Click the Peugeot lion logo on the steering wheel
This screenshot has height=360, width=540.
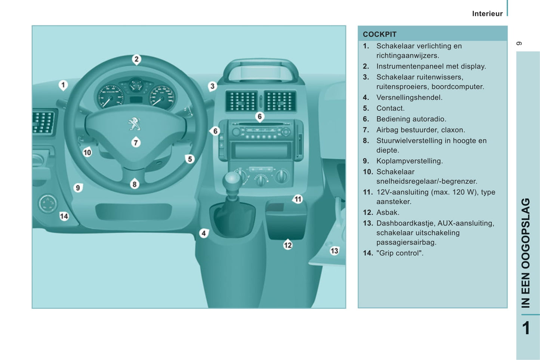click(134, 124)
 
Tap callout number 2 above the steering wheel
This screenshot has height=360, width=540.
click(136, 59)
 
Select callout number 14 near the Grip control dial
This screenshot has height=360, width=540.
click(64, 216)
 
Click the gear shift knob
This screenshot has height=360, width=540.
click(232, 180)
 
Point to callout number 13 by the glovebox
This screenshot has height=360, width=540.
click(334, 251)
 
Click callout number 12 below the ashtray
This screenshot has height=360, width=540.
click(288, 245)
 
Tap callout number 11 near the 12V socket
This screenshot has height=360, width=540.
click(298, 199)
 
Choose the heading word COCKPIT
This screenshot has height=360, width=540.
click(380, 34)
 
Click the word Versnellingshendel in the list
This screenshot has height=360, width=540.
click(409, 97)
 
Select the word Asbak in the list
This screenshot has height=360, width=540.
click(388, 212)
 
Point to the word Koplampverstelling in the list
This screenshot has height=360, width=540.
click(410, 161)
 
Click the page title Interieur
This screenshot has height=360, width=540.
click(487, 14)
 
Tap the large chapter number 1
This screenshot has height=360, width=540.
click(526, 328)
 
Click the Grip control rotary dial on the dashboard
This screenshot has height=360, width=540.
click(47, 204)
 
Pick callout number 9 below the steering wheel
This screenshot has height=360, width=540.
click(78, 188)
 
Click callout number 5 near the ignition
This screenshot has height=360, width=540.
click(190, 159)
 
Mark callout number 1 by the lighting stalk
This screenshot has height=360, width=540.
click(63, 85)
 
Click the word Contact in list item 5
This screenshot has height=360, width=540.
click(390, 108)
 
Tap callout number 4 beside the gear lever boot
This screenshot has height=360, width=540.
click(204, 233)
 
